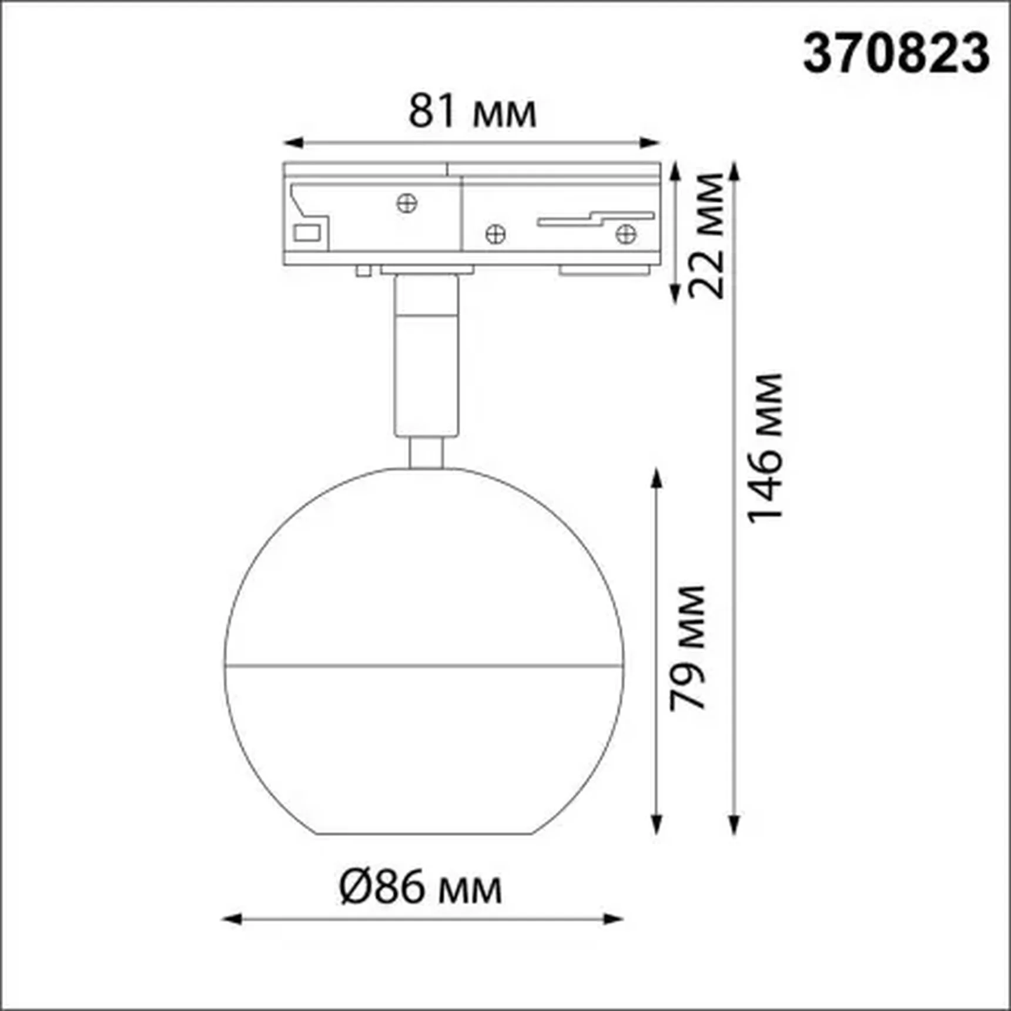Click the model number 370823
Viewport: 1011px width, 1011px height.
pyautogui.click(x=896, y=53)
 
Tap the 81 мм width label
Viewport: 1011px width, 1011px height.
pyautogui.click(x=472, y=112)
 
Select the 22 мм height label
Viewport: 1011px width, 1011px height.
pyautogui.click(x=707, y=235)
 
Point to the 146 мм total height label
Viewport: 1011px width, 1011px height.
pyautogui.click(x=765, y=447)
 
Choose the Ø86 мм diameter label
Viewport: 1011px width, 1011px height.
pyautogui.click(x=421, y=888)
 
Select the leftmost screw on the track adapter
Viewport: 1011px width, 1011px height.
pyautogui.click(x=407, y=203)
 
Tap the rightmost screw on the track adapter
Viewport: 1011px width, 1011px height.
pyautogui.click(x=625, y=235)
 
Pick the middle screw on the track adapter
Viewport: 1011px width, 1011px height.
pyautogui.click(x=496, y=235)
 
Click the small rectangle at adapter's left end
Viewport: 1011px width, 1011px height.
pyautogui.click(x=307, y=233)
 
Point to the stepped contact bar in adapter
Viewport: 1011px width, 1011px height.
pyautogui.click(x=595, y=219)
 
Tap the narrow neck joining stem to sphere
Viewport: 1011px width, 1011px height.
pyautogui.click(x=426, y=453)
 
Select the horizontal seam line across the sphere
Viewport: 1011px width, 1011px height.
pyautogui.click(x=423, y=667)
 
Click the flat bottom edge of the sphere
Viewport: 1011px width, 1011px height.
pyautogui.click(x=424, y=833)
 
